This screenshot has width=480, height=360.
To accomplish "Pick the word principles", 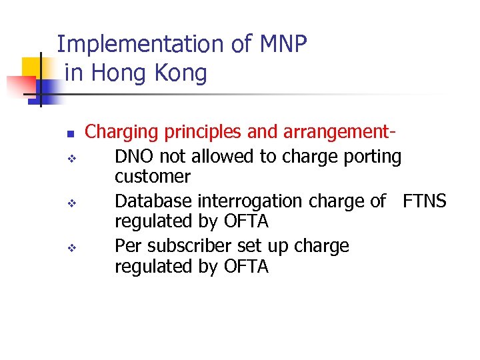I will pyautogui.click(x=203, y=132).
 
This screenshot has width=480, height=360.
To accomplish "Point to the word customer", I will pyautogui.click(x=153, y=177).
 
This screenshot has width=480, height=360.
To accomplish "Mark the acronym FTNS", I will pyautogui.click(x=425, y=201).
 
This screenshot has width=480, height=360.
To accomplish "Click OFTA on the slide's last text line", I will pyautogui.click(x=246, y=267).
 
